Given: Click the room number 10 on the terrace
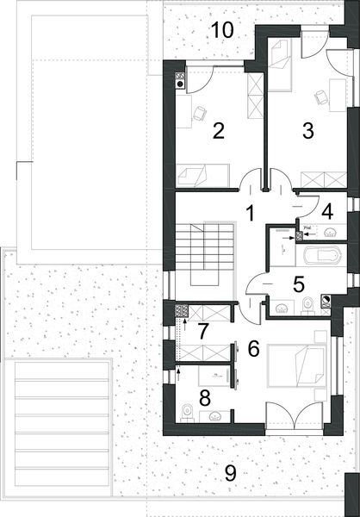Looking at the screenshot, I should [x=221, y=29].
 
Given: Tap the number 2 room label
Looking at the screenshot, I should [x=219, y=131].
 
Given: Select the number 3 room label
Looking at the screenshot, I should [x=307, y=131].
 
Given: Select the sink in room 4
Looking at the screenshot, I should [x=331, y=233].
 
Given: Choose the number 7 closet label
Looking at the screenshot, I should [x=203, y=329].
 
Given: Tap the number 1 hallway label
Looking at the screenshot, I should [x=250, y=211].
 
